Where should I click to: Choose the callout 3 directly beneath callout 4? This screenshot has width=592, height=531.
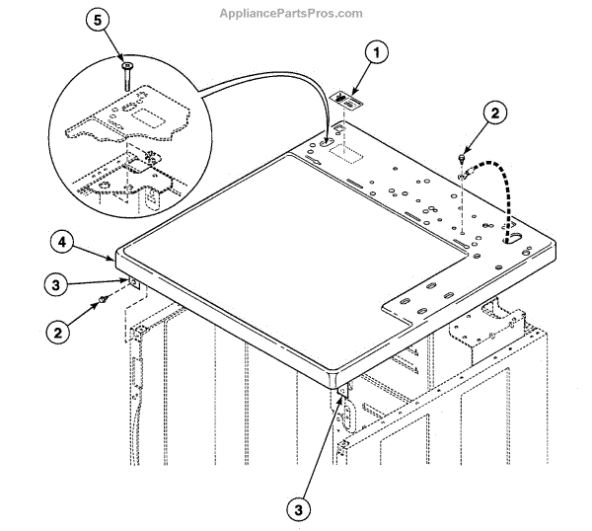coord(60,286)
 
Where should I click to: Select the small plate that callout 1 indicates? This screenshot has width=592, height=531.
coord(342,99)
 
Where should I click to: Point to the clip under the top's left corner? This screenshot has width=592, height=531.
coord(130,284)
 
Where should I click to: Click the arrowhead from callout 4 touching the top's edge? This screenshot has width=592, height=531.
coord(115,260)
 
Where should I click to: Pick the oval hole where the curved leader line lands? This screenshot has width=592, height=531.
coord(326,142)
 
